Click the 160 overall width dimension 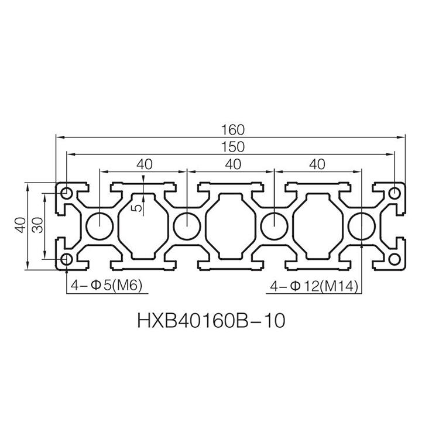tap(233, 130)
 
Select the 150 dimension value tap(233, 147)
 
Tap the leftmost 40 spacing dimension tap(145, 164)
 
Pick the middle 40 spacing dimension tap(233, 164)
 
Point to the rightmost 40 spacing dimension tap(317, 164)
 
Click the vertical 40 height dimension tap(20, 225)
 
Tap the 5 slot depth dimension tap(138, 207)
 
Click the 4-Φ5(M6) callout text tap(107, 286)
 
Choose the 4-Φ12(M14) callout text tap(314, 286)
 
